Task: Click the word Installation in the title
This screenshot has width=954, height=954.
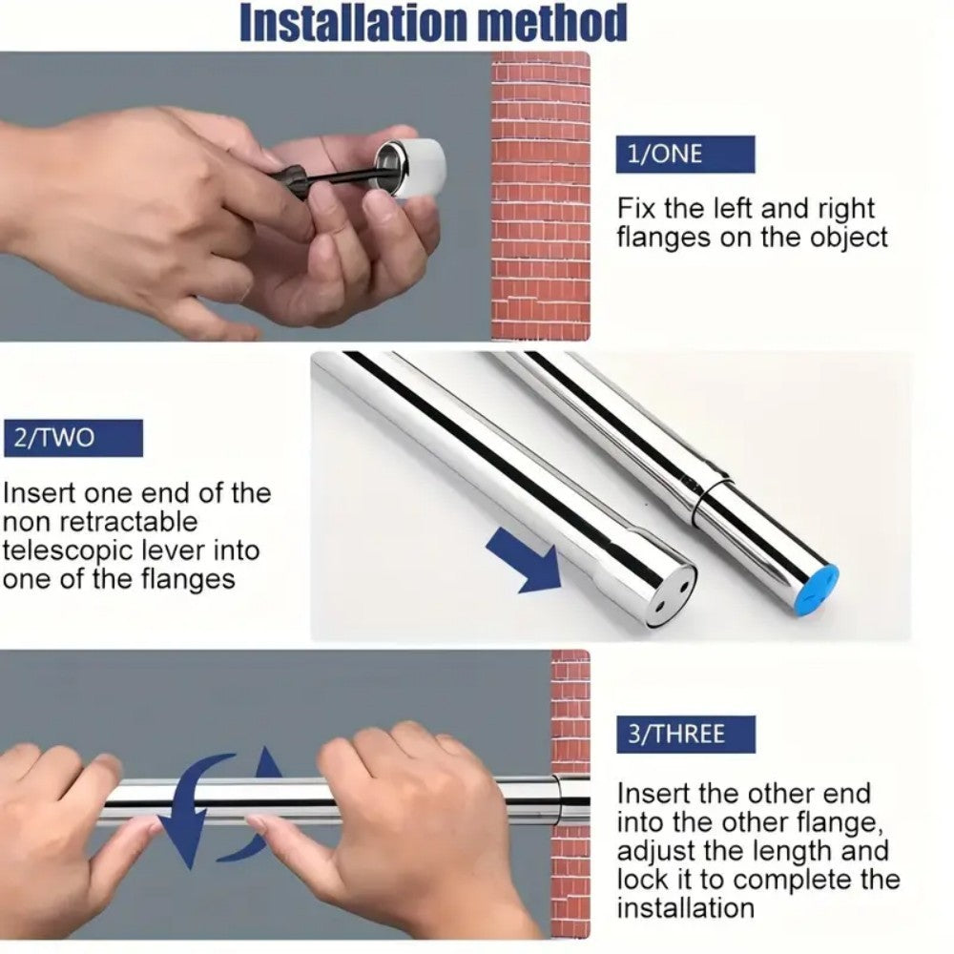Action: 353,23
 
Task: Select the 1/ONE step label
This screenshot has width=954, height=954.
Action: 685,154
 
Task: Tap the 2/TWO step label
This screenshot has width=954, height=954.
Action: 73,438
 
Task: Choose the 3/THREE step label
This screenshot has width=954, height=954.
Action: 685,735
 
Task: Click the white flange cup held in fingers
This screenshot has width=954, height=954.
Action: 412,168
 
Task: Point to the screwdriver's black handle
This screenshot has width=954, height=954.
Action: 296,180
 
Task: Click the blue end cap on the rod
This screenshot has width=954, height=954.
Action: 815,588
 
